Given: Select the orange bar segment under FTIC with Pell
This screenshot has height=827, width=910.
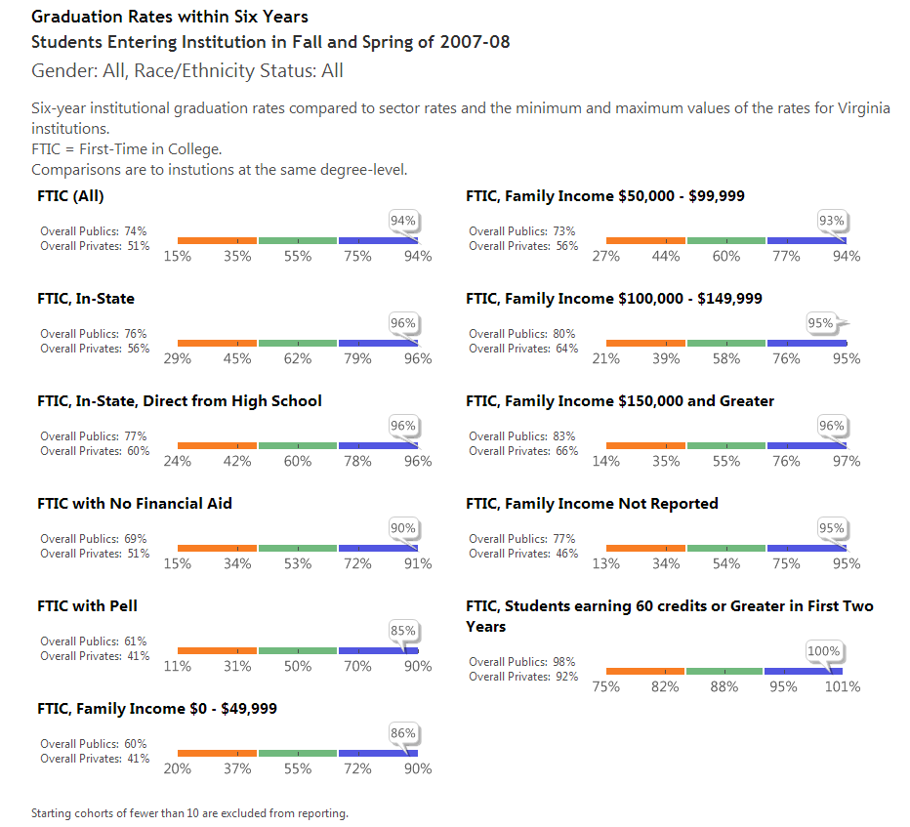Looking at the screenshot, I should click(x=217, y=650).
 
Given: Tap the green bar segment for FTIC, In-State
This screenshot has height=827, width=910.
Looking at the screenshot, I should click(x=298, y=343).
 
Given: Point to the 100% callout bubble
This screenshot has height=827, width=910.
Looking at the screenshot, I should click(x=823, y=651).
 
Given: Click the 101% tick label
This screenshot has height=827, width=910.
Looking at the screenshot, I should click(x=843, y=686).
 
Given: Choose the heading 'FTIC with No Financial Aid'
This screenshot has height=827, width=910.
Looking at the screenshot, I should click(x=135, y=504).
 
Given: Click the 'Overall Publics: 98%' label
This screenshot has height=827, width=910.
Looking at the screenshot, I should click(x=521, y=662).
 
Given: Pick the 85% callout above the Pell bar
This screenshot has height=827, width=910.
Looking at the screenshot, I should click(x=403, y=631).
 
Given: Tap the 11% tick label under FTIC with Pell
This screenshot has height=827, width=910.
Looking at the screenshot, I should click(x=177, y=666).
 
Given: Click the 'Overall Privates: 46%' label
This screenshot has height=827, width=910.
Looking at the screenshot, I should click(x=523, y=554).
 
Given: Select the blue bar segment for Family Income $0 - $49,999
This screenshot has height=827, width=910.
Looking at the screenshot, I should click(x=378, y=753).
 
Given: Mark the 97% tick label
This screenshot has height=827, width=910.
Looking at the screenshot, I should click(x=847, y=461).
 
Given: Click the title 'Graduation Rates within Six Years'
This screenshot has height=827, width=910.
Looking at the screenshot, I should click(x=170, y=17).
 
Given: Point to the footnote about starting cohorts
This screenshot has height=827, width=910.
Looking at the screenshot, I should click(x=189, y=812).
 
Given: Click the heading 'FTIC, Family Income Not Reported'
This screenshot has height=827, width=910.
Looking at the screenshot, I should click(x=592, y=504).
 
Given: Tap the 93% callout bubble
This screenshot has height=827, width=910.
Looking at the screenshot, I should click(x=832, y=221).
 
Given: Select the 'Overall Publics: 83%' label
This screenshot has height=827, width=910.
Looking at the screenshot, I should click(x=521, y=436).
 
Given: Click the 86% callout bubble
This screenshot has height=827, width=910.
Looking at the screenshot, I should click(x=403, y=733).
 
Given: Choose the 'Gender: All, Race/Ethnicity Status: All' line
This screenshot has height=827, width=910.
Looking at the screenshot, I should click(x=187, y=70).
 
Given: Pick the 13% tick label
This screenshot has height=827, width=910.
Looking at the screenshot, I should click(x=605, y=563).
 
